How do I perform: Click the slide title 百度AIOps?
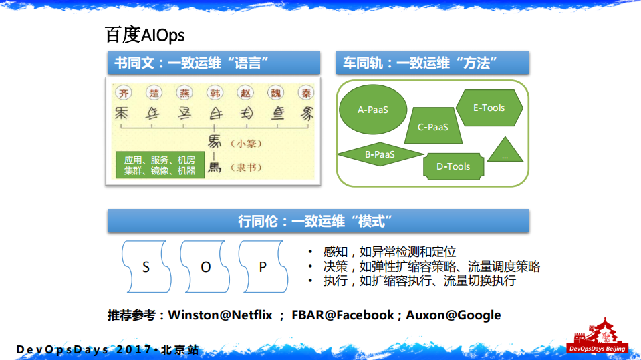[x=144, y=35]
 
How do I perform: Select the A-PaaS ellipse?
[x=373, y=110]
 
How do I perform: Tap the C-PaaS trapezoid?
[x=433, y=126]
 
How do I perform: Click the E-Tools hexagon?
[x=489, y=108]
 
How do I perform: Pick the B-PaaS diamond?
[x=380, y=154]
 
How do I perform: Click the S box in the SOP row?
[x=146, y=266]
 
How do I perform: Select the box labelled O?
[x=205, y=266]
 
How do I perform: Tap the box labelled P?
[x=263, y=266]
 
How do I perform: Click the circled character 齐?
[x=123, y=93]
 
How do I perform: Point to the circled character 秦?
[x=305, y=93]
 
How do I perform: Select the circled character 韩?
[x=215, y=93]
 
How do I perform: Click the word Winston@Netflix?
[x=220, y=315]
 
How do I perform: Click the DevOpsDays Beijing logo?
[x=596, y=337]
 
